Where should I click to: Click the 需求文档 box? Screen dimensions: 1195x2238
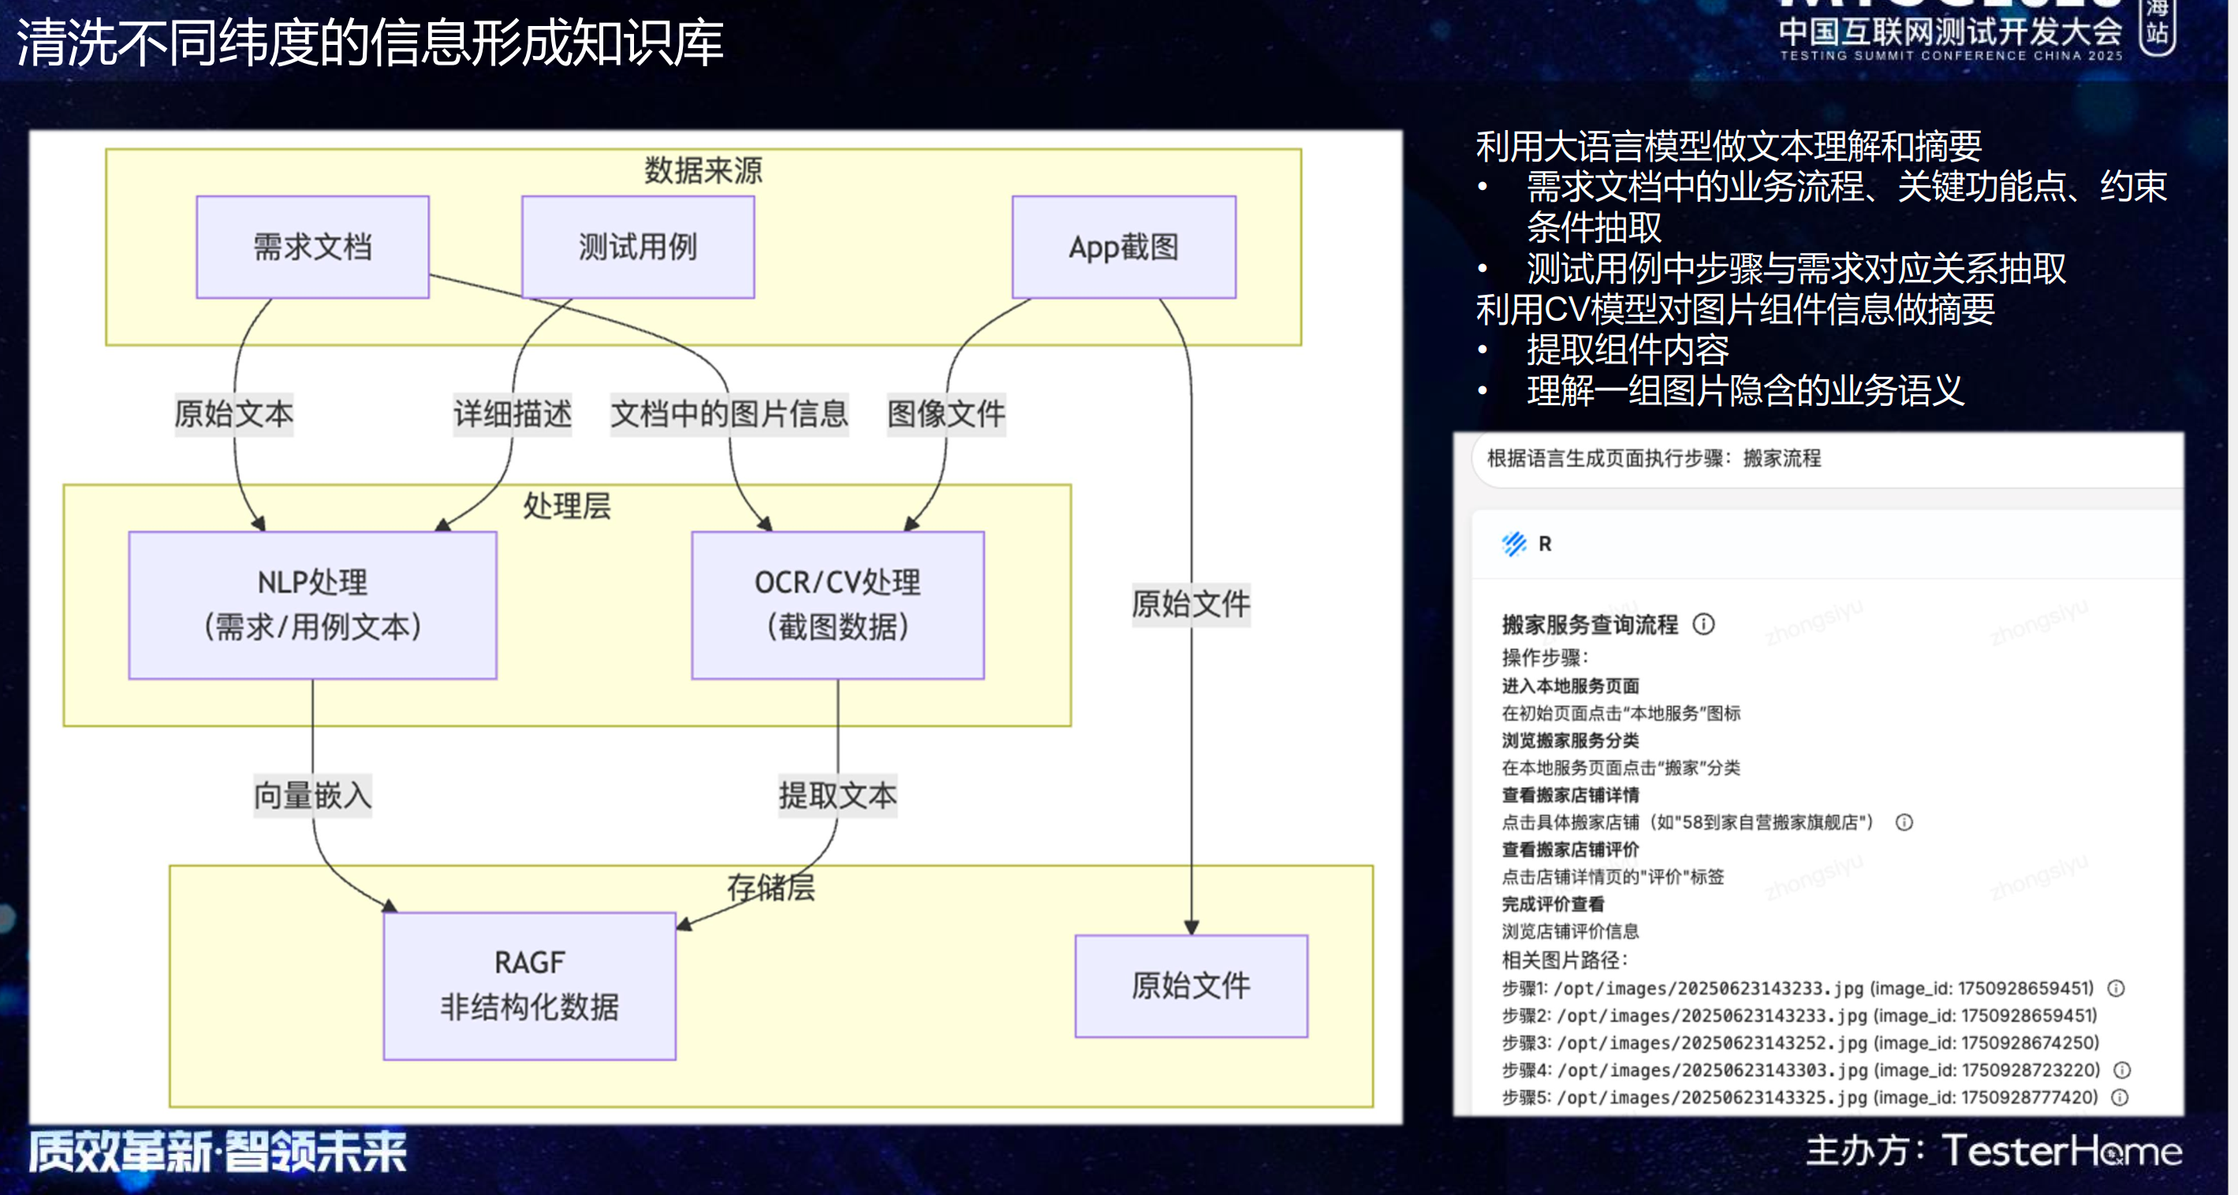[313, 248]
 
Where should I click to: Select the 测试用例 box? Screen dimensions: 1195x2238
[638, 248]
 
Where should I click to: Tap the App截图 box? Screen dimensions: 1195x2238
[1124, 248]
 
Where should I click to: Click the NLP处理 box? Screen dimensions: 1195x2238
[313, 605]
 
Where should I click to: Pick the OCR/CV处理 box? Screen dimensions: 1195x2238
[837, 605]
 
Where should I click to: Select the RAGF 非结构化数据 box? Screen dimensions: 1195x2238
[529, 985]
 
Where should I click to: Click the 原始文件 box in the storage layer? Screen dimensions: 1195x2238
[1191, 985]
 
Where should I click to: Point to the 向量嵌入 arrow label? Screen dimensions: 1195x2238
[313, 795]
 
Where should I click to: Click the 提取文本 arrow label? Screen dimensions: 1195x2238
[837, 795]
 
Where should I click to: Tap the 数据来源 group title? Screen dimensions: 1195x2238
[703, 170]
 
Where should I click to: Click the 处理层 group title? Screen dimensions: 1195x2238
[566, 505]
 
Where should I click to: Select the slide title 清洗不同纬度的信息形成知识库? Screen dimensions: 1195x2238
[370, 43]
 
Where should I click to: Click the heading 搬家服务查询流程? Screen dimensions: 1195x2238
[1590, 624]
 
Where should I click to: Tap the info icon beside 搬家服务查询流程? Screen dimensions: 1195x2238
[1703, 624]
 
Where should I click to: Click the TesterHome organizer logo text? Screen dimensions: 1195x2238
[2061, 1151]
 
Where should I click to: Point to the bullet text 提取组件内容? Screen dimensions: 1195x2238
[1627, 350]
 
